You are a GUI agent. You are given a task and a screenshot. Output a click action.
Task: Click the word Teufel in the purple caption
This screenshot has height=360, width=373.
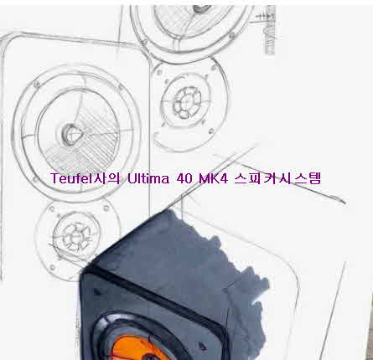pos(72,178)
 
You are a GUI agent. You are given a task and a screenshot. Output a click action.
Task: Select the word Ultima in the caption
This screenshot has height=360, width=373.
pos(148,178)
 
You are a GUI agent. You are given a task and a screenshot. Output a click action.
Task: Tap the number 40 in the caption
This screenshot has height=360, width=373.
pos(184,178)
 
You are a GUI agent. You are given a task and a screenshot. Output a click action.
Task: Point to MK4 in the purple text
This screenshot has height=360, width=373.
pos(213,178)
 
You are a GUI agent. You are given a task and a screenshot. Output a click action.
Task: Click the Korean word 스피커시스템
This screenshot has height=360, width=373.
pos(277,178)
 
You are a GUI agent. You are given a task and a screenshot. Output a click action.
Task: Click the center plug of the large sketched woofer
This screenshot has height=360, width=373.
pos(70,134)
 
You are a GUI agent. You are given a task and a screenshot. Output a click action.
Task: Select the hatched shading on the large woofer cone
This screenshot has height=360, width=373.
pos(84,145)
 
